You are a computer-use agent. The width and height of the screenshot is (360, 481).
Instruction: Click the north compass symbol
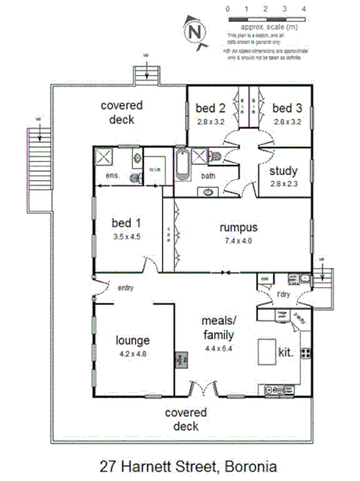click(194, 30)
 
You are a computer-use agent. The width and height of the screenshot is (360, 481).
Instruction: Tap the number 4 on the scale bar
click(304, 8)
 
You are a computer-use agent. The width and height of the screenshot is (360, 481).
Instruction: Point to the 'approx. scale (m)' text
click(267, 27)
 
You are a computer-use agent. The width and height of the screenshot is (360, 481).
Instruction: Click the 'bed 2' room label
click(209, 108)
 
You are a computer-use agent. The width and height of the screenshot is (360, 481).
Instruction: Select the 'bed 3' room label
click(286, 108)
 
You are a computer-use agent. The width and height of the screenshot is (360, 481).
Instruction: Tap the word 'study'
click(283, 171)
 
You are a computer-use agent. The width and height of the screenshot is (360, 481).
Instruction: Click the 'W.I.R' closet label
click(155, 170)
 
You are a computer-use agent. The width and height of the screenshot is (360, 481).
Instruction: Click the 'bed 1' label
click(126, 222)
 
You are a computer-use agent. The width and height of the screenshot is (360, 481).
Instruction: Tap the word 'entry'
click(125, 288)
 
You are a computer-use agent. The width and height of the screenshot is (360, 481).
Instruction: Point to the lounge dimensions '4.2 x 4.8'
click(133, 353)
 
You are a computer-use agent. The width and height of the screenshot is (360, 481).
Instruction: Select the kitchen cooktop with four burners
click(305, 353)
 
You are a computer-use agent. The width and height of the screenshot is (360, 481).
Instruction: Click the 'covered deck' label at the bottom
click(182, 419)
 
